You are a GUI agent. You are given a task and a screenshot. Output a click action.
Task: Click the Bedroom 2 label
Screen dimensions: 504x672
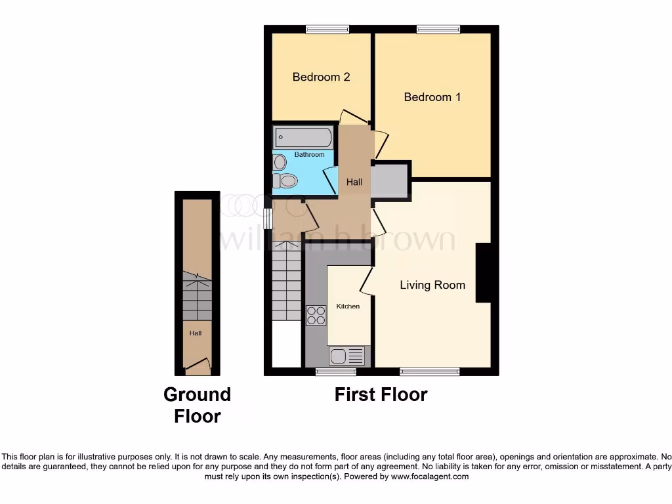(x=321, y=77)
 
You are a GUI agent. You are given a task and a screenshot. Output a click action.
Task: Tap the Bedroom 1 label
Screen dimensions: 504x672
(x=432, y=97)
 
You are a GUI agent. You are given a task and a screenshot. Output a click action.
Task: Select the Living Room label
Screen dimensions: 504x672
(x=432, y=285)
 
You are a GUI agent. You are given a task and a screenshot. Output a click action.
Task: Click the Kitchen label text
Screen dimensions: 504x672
(x=348, y=306)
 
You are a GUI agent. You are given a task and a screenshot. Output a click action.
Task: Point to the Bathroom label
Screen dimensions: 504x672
(x=309, y=155)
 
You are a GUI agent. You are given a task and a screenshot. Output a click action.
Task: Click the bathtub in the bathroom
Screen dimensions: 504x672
(x=303, y=138)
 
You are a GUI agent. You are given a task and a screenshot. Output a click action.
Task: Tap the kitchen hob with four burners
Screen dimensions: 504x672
(x=316, y=316)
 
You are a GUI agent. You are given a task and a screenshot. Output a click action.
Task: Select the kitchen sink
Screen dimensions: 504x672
(x=347, y=356)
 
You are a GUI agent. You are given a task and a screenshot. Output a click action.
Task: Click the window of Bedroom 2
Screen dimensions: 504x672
(x=327, y=29)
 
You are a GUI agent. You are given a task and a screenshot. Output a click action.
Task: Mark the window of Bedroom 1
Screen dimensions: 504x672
(x=438, y=29)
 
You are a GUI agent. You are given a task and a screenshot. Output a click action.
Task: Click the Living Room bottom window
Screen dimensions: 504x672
(x=430, y=372)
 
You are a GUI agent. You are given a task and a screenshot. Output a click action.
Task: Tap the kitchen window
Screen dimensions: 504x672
(x=335, y=372)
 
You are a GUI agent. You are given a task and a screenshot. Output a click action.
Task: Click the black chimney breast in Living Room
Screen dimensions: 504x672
(x=483, y=273)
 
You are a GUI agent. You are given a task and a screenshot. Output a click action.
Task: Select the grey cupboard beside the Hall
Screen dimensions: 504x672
(x=390, y=180)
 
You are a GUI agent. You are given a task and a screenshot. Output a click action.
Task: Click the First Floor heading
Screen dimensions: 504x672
(x=381, y=394)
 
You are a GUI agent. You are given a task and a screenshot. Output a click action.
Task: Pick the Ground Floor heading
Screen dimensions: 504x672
(x=197, y=405)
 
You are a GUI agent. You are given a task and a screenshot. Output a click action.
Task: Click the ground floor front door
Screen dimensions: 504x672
(x=198, y=367)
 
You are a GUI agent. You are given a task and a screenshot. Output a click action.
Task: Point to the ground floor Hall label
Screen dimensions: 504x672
(x=196, y=333)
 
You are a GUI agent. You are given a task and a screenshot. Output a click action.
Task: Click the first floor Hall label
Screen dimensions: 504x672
(x=354, y=182)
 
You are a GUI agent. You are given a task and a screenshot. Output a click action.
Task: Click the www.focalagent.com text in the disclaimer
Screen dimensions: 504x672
(x=430, y=476)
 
